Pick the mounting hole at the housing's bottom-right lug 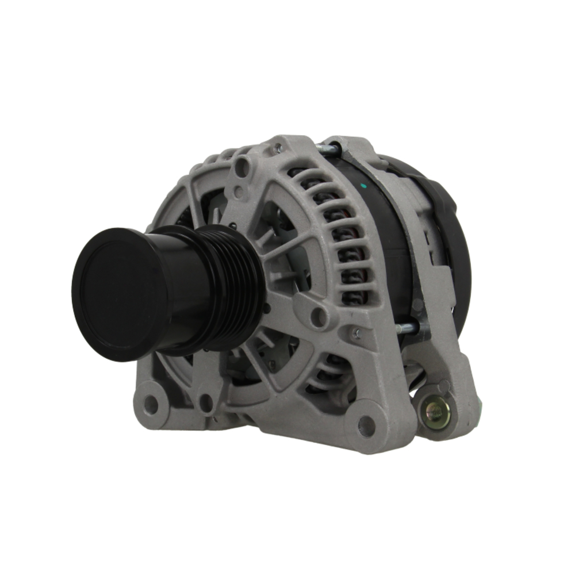coord(366,425)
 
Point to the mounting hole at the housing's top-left coord(242,167)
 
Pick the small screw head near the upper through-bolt coord(278,148)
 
